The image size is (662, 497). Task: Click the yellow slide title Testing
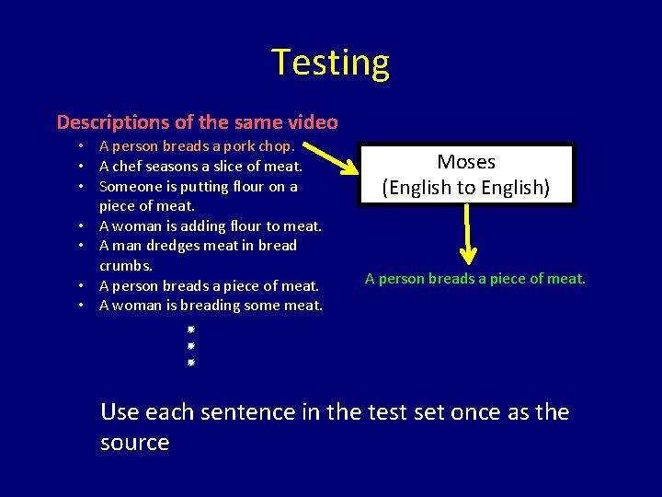tap(330, 63)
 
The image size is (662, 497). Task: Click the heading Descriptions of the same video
tap(197, 121)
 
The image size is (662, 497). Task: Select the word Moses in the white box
tap(466, 162)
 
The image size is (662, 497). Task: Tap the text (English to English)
tap(466, 188)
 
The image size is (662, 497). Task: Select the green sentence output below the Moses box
tap(474, 278)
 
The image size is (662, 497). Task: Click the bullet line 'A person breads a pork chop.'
tap(197, 145)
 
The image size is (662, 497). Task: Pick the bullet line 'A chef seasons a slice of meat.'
tap(200, 166)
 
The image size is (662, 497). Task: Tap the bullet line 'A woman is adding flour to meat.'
tap(210, 225)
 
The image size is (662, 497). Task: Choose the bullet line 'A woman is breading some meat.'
tap(211, 305)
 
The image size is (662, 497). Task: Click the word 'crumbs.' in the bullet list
tap(126, 265)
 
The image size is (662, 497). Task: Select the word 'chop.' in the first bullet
tap(278, 145)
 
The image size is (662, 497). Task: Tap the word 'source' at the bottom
tap(134, 443)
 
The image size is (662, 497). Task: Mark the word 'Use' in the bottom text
tap(120, 411)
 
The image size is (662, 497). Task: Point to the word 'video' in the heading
tap(313, 121)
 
